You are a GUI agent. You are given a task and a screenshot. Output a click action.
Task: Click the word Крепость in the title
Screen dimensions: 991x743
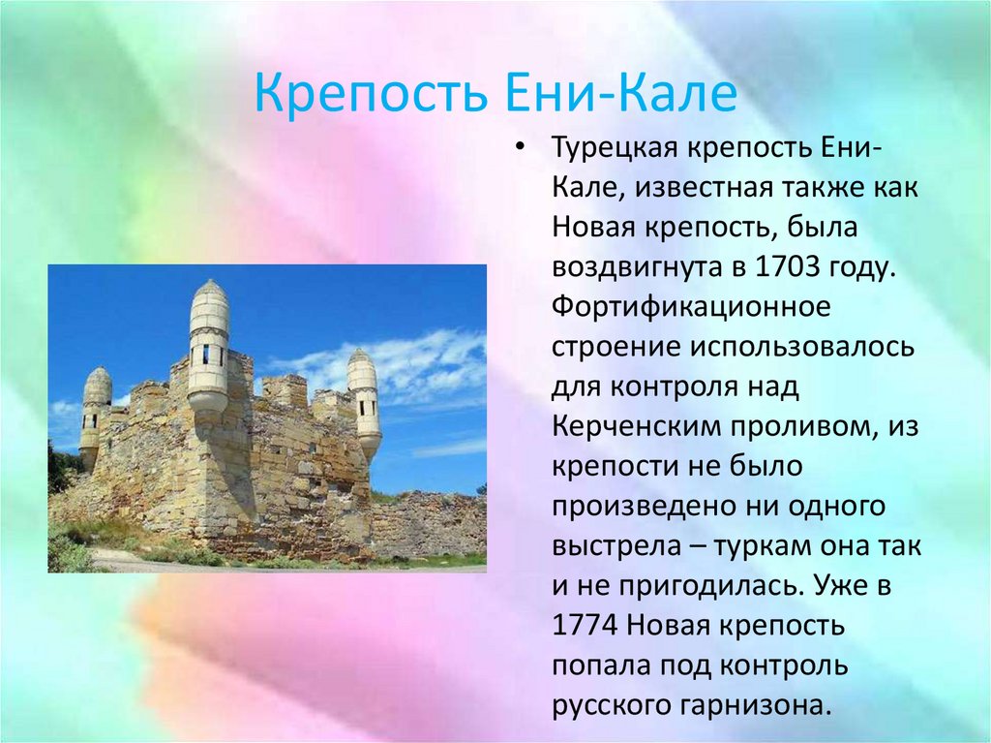(371, 94)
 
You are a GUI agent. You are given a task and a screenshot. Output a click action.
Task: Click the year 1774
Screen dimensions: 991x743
(585, 625)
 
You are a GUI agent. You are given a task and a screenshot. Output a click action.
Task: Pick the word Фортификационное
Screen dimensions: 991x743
(691, 308)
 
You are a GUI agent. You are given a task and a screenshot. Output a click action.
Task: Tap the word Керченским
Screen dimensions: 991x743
(637, 426)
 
